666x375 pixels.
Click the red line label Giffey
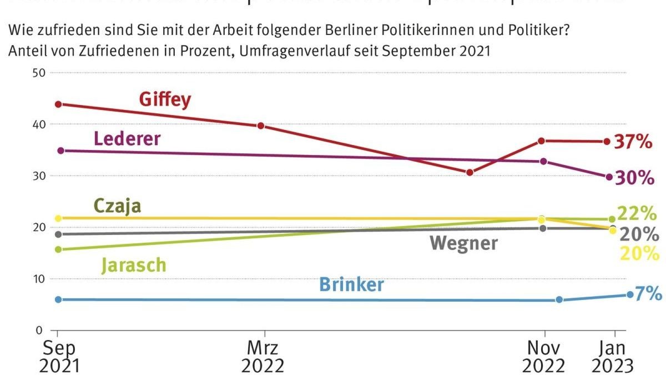(165, 99)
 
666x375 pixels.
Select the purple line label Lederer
(127, 138)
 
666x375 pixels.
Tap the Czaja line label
(117, 206)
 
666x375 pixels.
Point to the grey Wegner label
(463, 243)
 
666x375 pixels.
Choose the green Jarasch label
(133, 265)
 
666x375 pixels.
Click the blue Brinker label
(351, 285)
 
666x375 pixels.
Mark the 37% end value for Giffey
(633, 142)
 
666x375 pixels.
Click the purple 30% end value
(635, 178)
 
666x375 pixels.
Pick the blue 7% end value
(648, 294)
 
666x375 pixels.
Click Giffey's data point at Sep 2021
(58, 104)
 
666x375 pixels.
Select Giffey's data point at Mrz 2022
(261, 126)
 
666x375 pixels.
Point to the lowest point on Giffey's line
(470, 173)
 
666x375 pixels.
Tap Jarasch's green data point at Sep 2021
(58, 249)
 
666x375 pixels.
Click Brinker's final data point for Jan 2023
(630, 294)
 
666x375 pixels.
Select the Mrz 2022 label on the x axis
(263, 357)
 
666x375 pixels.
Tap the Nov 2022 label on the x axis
(544, 357)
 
